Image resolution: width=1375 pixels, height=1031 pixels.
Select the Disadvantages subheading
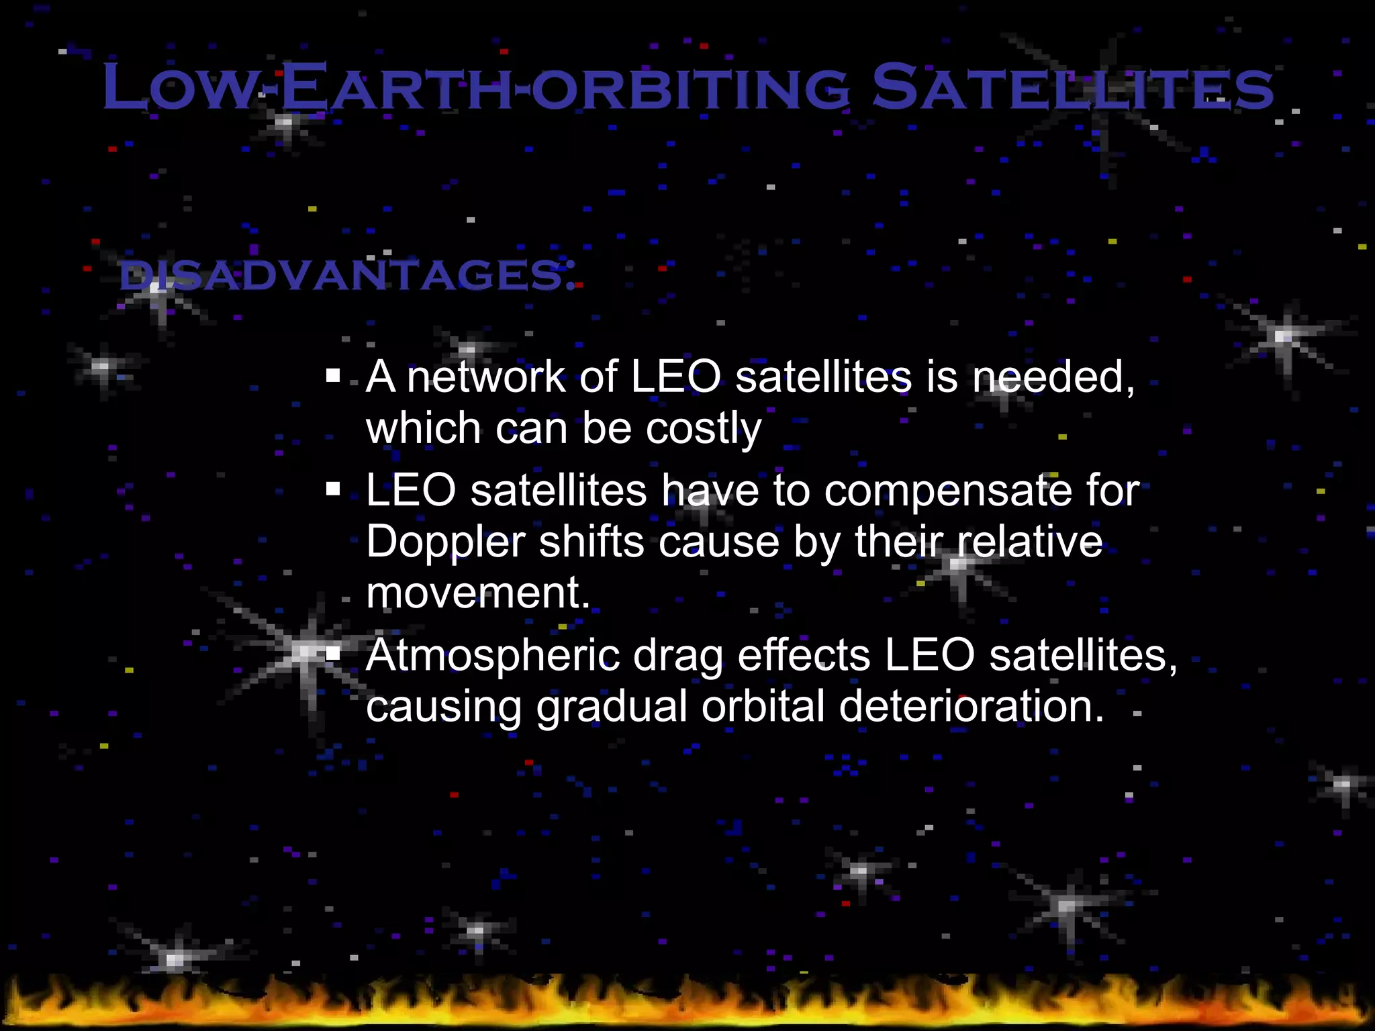[347, 276]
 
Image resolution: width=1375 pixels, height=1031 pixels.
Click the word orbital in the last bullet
[763, 707]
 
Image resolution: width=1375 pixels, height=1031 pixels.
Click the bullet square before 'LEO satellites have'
[334, 489]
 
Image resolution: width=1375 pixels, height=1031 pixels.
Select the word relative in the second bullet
[1029, 542]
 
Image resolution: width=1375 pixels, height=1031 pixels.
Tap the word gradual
[611, 707]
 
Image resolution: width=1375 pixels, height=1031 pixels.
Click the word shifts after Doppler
[591, 542]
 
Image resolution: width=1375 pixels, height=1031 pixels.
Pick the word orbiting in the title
[692, 87]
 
